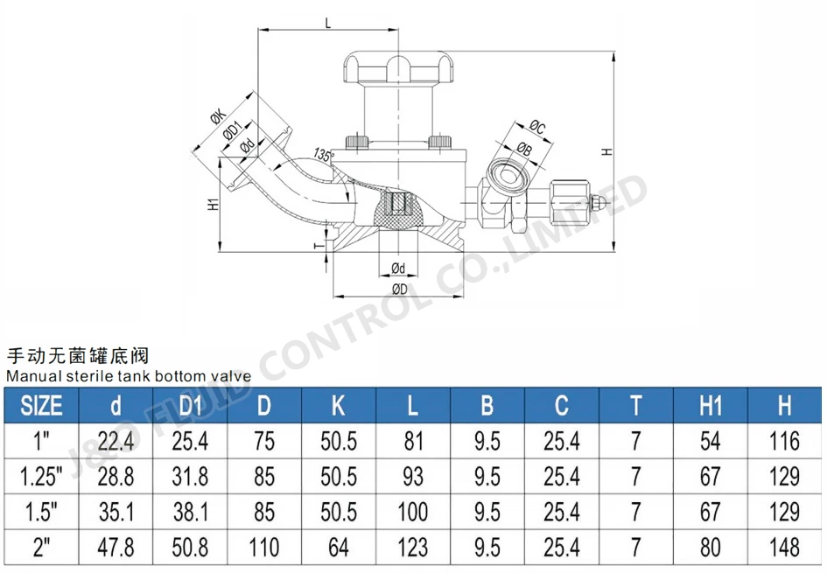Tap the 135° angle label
[x=325, y=156]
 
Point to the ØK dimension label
[x=216, y=115]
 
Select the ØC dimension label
[x=537, y=129]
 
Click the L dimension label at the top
[x=327, y=24]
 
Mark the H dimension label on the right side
[x=606, y=150]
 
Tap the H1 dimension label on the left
[x=212, y=205]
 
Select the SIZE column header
[x=41, y=406]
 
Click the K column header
[x=339, y=406]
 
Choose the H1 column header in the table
[x=710, y=406]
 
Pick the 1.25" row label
[x=41, y=476]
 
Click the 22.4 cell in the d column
[x=116, y=441]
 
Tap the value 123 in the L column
[x=413, y=548]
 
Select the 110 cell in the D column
[x=263, y=548]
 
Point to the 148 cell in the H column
[x=784, y=548]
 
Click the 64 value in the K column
[x=339, y=548]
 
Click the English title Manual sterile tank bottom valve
[x=130, y=376]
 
